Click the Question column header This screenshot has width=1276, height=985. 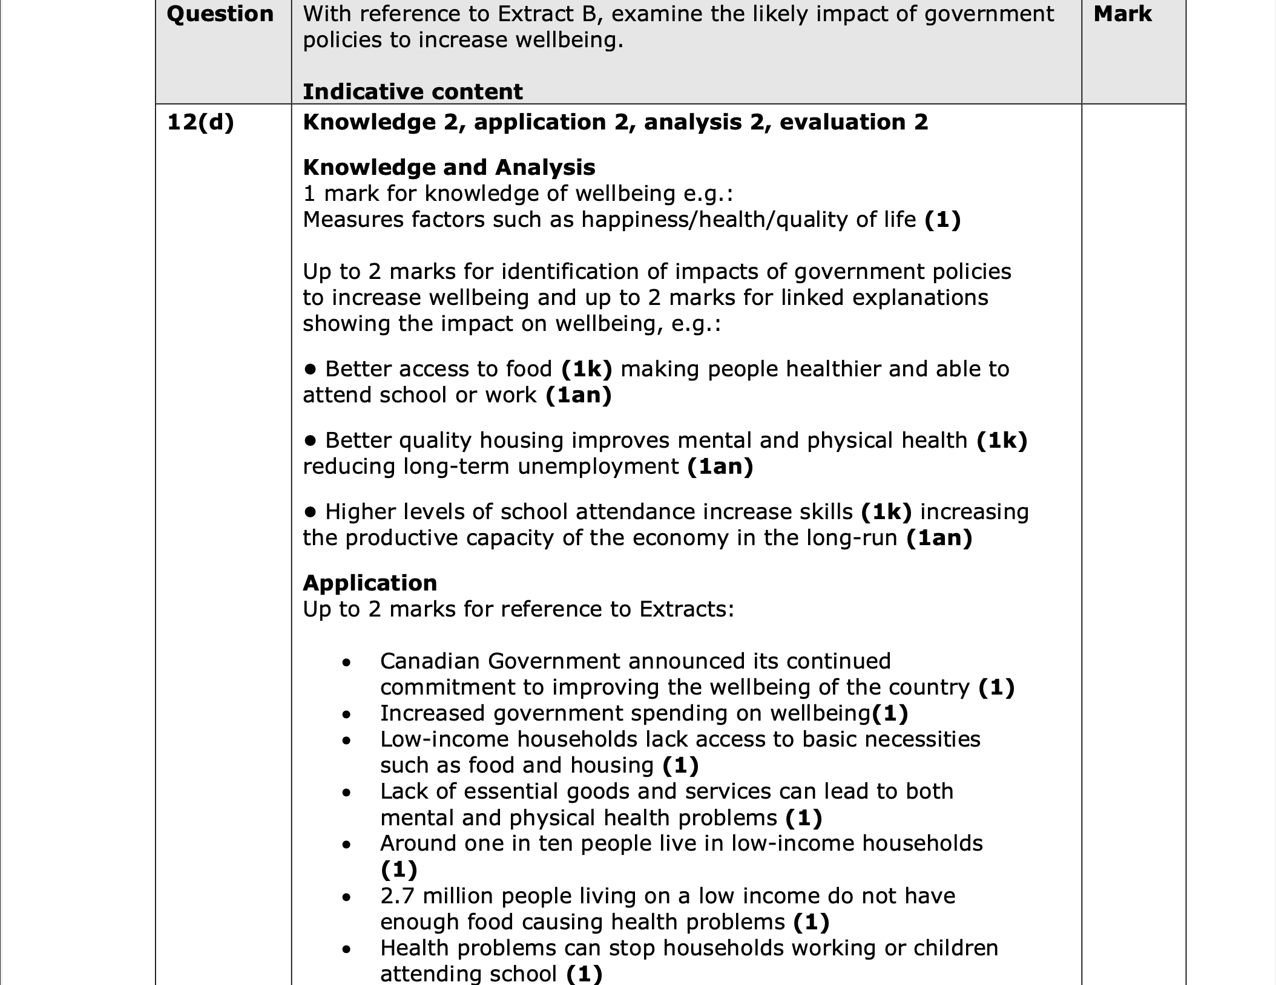pos(220,14)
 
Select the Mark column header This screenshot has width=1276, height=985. pos(1122,14)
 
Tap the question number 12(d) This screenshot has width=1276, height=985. pos(200,122)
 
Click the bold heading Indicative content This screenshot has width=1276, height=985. pos(412,91)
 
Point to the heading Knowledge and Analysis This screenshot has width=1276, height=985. pos(449,167)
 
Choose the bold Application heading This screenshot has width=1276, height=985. pos(370,583)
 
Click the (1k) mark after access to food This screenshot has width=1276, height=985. pos(587,368)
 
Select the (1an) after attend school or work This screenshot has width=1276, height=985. pos(578,394)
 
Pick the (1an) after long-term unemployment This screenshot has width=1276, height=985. pos(720,466)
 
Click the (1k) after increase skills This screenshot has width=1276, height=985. pos(886,511)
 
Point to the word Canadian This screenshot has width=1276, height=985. pos(430,661)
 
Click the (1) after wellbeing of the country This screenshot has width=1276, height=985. pos(996,687)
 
